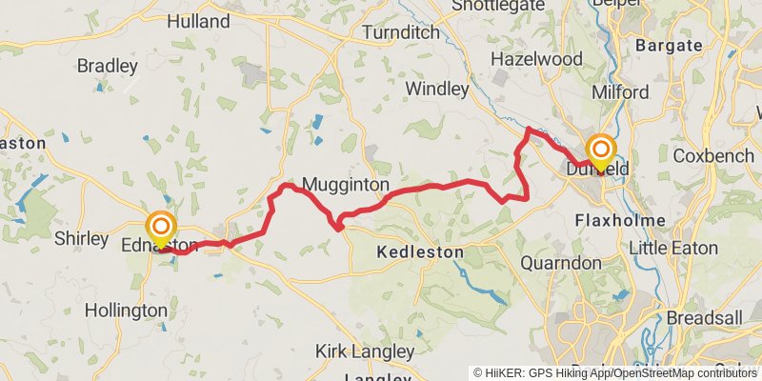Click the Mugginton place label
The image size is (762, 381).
coord(345,184)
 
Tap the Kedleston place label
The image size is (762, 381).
coord(420,252)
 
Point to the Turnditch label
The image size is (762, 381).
coord(401,32)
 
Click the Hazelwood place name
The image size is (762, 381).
coord(535,59)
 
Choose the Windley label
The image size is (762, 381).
coord(437,90)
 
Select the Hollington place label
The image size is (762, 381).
coord(127,311)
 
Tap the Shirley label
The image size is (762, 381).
coord(81,238)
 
